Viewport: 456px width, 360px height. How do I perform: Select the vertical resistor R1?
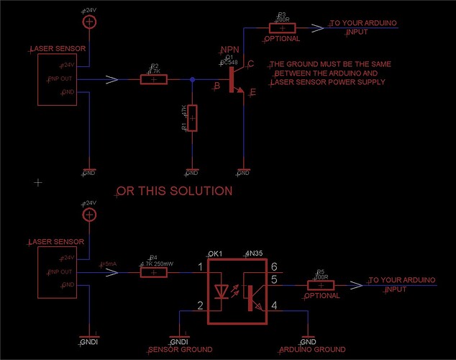point(192,118)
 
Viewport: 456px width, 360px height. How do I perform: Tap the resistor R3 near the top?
point(281,28)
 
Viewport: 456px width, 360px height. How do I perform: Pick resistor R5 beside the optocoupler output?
point(321,285)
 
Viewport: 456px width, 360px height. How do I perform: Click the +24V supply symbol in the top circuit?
point(89,23)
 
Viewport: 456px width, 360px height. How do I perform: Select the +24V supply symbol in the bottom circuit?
point(89,215)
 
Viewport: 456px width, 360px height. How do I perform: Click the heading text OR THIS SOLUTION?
point(174,191)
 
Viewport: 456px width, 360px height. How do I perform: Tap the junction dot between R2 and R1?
point(192,79)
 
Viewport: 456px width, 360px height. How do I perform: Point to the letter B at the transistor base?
point(215,87)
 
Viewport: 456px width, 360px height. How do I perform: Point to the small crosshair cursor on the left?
point(38,183)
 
